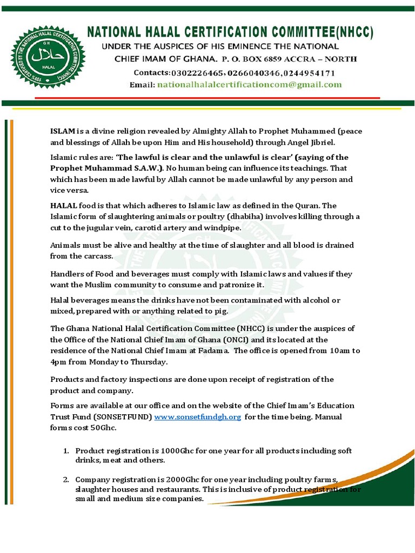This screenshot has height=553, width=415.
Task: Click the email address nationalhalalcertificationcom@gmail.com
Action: [x=249, y=85]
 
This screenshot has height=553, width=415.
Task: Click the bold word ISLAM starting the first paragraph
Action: [x=63, y=131]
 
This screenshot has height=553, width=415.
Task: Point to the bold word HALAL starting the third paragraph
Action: [x=64, y=206]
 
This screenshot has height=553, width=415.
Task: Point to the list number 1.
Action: [x=65, y=450]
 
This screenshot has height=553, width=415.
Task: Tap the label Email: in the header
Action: [x=142, y=85]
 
